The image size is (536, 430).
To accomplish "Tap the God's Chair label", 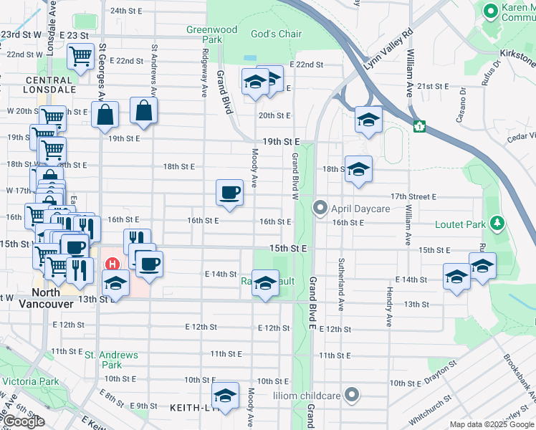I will tap(276, 34).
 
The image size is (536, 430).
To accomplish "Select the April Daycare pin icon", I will tap(320, 209).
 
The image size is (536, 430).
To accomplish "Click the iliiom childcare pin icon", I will tap(351, 394).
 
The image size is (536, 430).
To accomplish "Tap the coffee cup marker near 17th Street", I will tap(229, 193).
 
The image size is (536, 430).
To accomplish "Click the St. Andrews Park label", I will tap(111, 355).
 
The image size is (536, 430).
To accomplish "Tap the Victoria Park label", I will tap(30, 381).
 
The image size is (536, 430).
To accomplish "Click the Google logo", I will tap(23, 421).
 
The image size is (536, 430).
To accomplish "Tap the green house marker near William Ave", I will tap(420, 126).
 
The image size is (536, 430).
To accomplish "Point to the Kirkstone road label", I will tap(517, 54).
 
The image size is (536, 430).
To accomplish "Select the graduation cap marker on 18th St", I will tap(358, 169).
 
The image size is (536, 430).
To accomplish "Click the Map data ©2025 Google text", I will tap(492, 424).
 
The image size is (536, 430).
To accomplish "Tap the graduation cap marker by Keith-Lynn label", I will tap(225, 397).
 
